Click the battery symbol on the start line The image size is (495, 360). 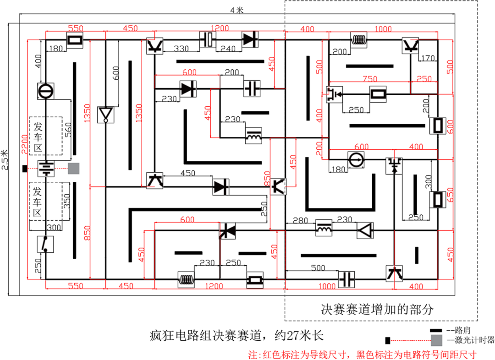pos(46,169)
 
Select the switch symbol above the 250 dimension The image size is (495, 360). pos(45,244)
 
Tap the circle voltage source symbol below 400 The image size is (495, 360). pos(46,91)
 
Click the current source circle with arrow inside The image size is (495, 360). pos(356,160)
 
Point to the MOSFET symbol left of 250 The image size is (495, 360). pos(334,94)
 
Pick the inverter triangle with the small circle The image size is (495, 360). pos(106,115)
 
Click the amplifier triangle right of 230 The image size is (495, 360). pos(365,230)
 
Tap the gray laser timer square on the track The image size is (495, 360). pos(74,169)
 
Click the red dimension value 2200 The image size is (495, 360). pos(24,144)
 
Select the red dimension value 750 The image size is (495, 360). pos(370,79)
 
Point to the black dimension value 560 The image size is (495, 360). pos(68,130)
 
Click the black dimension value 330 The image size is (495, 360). pos(181,49)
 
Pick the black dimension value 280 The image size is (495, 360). pos(300,221)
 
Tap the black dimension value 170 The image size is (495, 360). pos(428,58)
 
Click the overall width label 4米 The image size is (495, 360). pos(237,10)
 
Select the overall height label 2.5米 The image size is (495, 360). pos(5,159)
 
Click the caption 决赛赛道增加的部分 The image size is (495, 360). pos(377,310)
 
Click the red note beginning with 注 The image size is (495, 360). pos(362,355)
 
